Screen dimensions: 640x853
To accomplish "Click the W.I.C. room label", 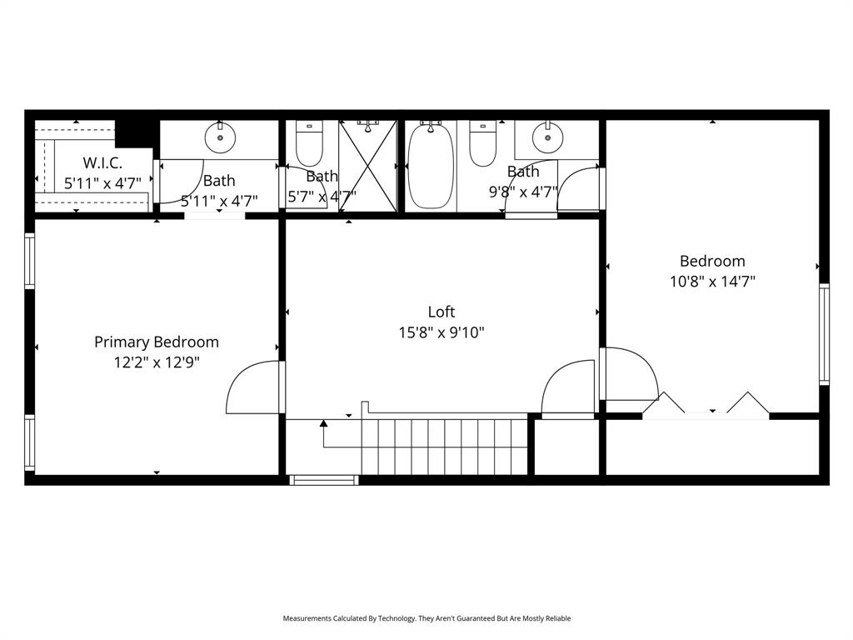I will [102, 162].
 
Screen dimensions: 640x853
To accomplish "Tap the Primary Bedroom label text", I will [157, 342].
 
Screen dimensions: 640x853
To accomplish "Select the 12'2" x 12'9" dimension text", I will [157, 362].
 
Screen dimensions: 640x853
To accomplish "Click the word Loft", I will [441, 312].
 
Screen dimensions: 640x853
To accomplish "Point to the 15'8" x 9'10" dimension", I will [441, 332].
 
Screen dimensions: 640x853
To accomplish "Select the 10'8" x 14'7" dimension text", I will [712, 282].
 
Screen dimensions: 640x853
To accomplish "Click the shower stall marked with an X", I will [367, 167].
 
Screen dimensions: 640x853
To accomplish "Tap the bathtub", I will [431, 167].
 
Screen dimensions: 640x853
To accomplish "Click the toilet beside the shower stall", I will [309, 143].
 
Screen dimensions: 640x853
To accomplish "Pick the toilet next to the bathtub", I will [483, 143].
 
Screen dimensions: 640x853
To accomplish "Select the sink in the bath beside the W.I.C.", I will [220, 137].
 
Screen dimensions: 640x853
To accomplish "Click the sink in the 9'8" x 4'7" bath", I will [547, 136].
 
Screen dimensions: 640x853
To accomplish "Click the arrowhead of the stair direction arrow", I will [324, 424].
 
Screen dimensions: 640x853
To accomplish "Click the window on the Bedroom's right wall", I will [824, 333].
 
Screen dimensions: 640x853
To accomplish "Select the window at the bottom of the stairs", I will [324, 480].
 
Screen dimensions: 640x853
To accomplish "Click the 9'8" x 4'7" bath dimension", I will [523, 192].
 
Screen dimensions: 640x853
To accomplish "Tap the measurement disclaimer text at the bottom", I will [426, 618].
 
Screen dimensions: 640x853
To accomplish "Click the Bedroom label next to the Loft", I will [712, 261].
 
